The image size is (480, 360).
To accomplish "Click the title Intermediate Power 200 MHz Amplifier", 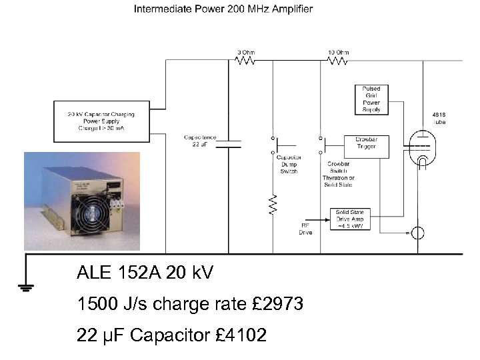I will (223, 9).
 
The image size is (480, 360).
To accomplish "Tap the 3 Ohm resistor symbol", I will (245, 61).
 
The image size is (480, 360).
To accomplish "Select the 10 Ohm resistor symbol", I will (338, 61).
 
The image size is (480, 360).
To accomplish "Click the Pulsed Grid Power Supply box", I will (371, 99).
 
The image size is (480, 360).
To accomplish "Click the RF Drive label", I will (306, 229).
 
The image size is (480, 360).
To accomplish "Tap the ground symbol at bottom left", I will (25, 287).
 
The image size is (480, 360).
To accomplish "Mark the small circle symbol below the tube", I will (419, 233).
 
